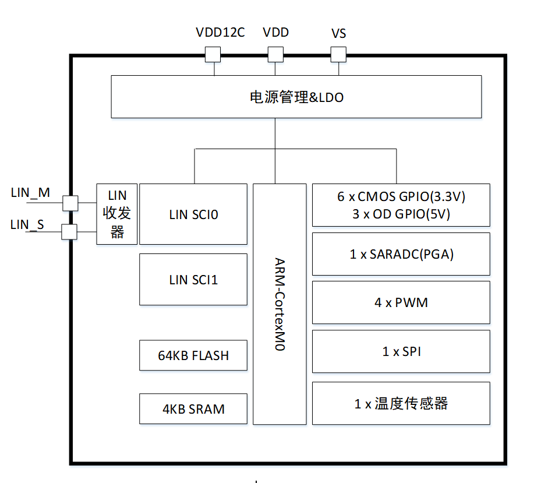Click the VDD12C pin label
(220, 33)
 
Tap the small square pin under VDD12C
(213, 54)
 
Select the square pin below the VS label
(338, 54)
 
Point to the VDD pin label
(275, 33)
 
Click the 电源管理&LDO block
(296, 97)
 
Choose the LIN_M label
(30, 192)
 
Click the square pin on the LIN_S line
(70, 232)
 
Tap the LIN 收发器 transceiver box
(117, 214)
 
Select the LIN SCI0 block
(193, 214)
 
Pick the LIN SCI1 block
(193, 279)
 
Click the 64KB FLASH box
(193, 355)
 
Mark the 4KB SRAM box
(193, 408)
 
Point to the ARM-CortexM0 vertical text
(280, 304)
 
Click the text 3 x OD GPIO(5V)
(401, 214)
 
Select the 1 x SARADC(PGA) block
(401, 254)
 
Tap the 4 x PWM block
(401, 302)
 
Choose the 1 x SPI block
(401, 351)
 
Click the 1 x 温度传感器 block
(401, 403)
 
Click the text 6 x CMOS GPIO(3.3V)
(401, 197)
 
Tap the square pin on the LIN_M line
(70, 203)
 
